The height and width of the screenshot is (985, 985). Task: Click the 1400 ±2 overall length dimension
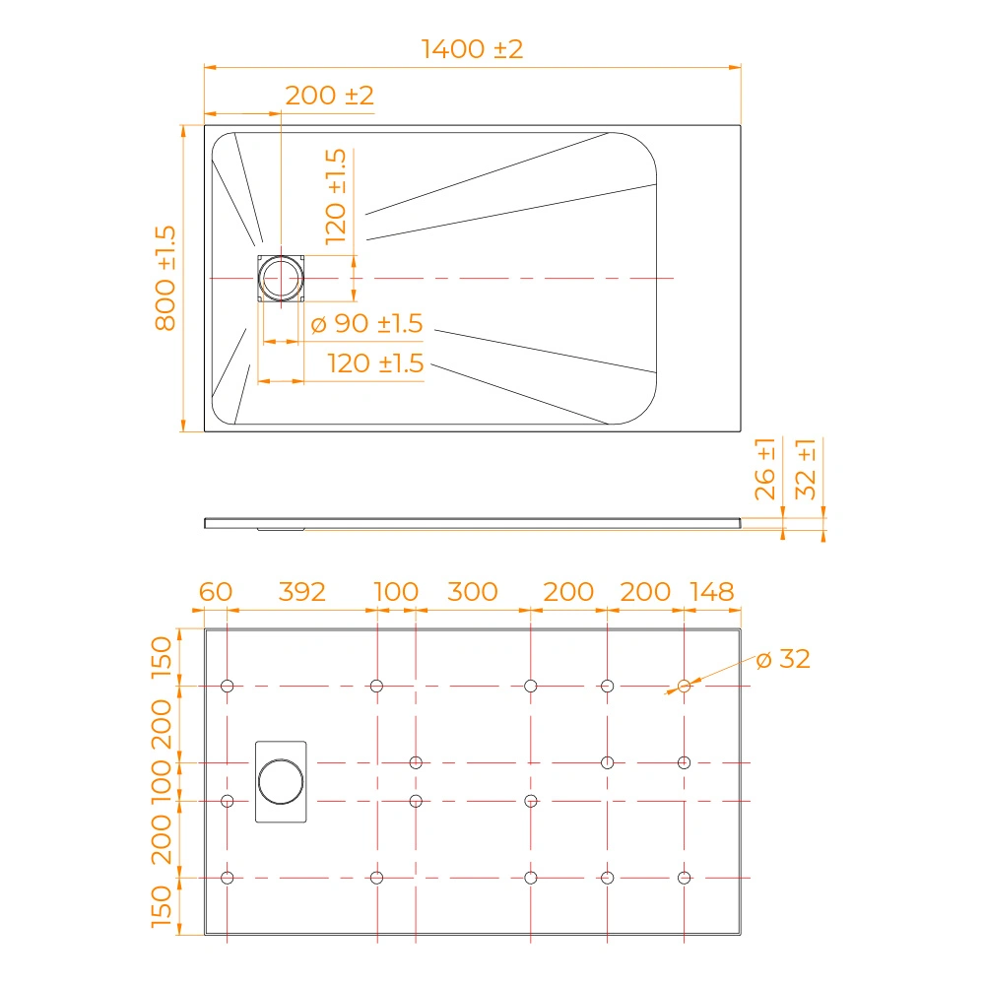point(472,49)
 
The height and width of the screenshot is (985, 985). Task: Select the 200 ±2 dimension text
point(329,96)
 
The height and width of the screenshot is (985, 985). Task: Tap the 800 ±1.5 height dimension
point(165,278)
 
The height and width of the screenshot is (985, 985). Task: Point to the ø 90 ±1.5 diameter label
point(366,323)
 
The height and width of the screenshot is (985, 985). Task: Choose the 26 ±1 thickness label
point(765,469)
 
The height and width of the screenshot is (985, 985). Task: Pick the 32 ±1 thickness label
point(806,469)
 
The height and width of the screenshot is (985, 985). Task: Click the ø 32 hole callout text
point(783,659)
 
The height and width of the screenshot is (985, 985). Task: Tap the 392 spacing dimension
point(302,592)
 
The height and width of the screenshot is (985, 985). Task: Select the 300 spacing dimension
point(473,592)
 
